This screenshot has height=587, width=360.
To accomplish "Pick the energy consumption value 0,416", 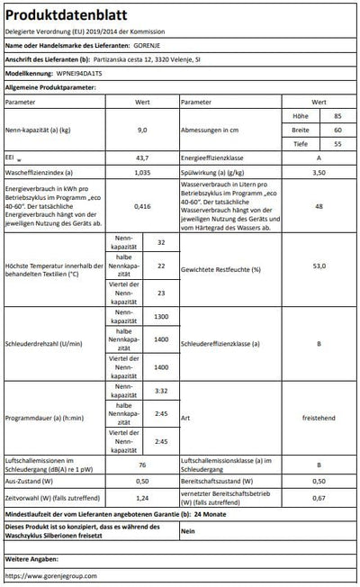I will [x=141, y=205].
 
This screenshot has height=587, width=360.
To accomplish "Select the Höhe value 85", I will [x=337, y=116].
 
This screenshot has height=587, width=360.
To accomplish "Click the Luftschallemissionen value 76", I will [x=141, y=465].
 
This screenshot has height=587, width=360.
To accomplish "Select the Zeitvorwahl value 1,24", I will [x=141, y=498].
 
